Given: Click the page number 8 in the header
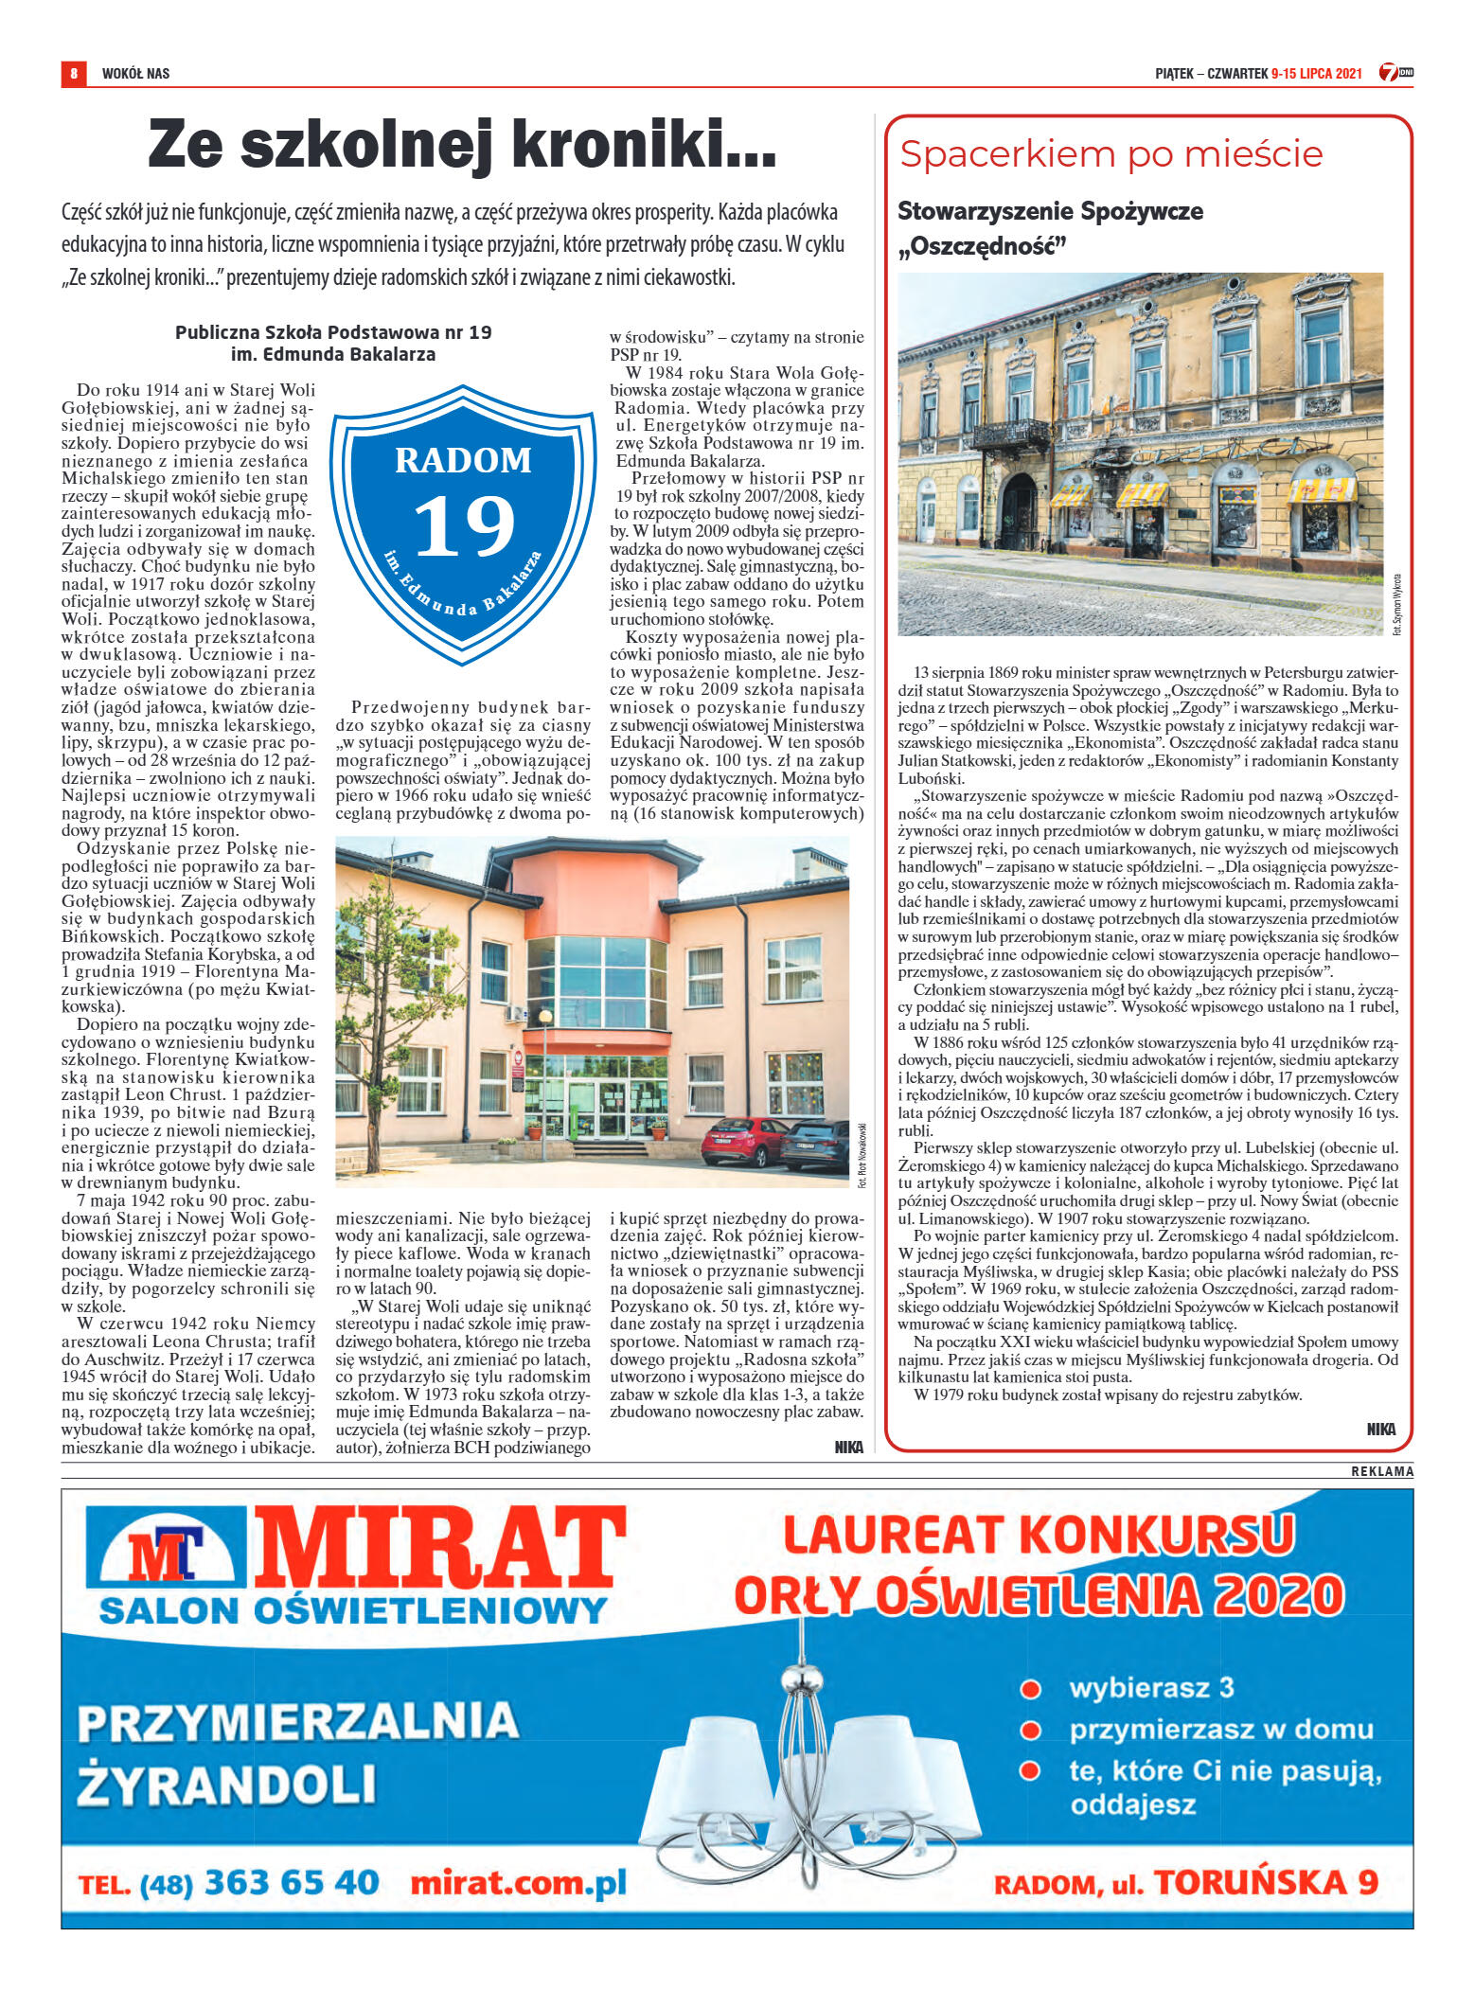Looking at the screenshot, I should click(73, 73).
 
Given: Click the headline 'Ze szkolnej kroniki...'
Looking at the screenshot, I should click(462, 145).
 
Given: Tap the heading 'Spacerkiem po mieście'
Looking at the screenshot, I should click(1111, 154).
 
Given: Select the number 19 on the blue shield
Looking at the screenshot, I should click(464, 526).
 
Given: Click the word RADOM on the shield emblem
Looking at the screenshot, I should click(463, 460).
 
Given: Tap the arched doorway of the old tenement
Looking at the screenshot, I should click(1020, 511).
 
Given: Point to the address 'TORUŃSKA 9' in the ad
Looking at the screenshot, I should click(1265, 1883).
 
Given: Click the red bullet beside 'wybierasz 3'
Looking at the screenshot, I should click(1030, 1689).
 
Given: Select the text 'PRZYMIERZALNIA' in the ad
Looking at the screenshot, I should click(298, 1721).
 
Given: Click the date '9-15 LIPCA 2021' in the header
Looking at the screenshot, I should click(1316, 73).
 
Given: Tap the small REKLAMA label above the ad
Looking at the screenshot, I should click(1381, 1472).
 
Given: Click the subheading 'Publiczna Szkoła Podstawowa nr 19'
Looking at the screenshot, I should click(333, 332).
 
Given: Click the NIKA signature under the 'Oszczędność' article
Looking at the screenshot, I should click(1380, 1430).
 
